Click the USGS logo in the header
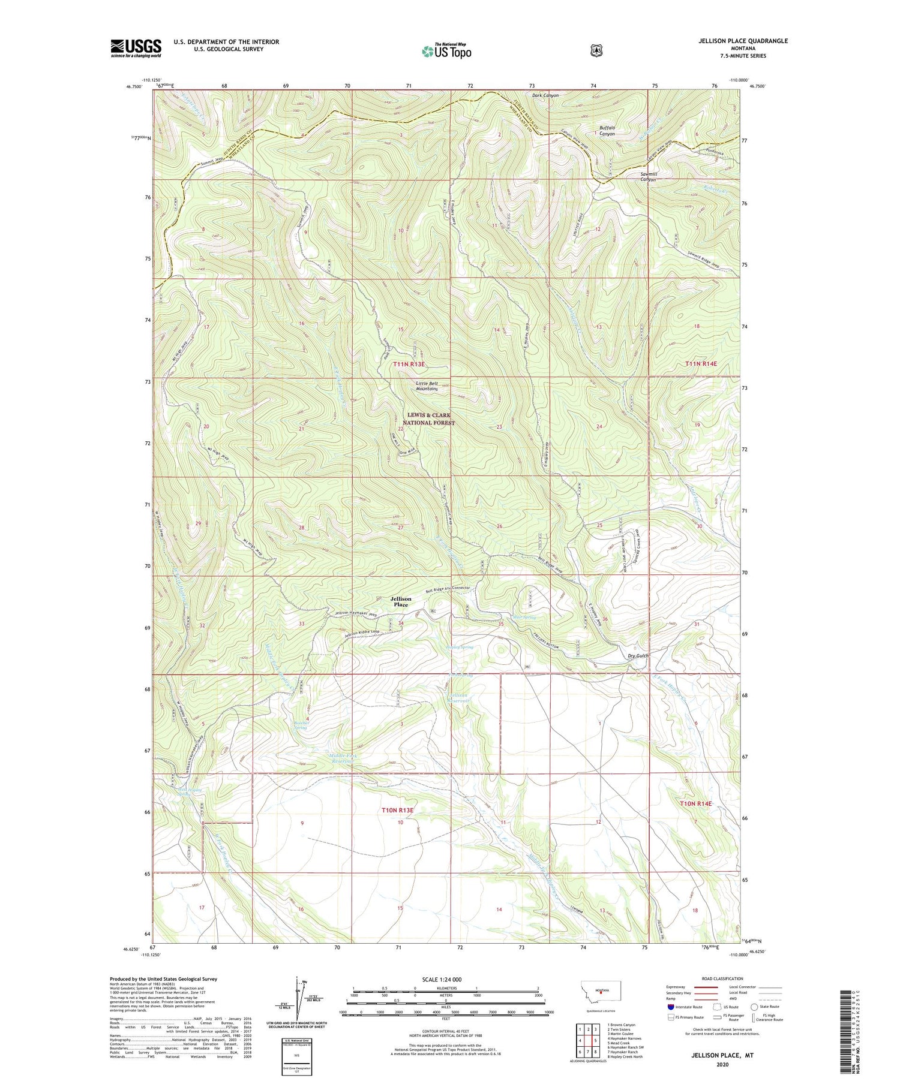[x=136, y=48]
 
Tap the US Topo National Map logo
[x=446, y=51]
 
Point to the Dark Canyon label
[x=545, y=95]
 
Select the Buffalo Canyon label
[x=607, y=131]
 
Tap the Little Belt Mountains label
[x=427, y=386]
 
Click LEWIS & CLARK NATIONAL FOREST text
[x=428, y=418]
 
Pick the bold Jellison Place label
[x=401, y=601]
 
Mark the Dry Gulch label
[x=638, y=656]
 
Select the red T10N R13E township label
[x=397, y=810]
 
